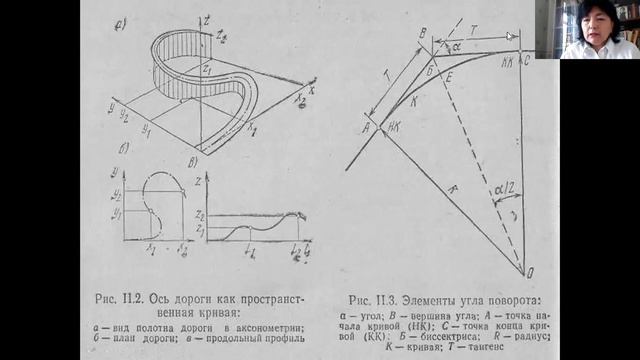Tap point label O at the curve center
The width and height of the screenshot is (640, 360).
point(529,271)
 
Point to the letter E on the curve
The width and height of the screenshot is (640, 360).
point(449,76)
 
